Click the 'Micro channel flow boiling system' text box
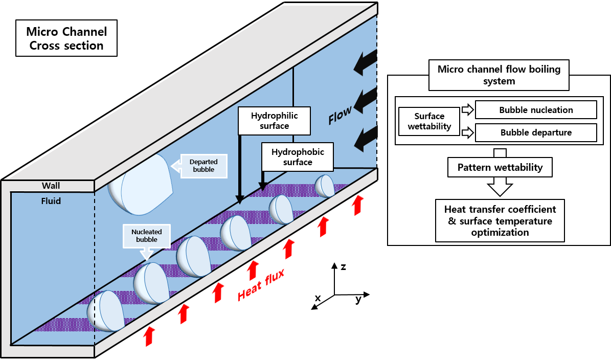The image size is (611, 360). click(x=499, y=75)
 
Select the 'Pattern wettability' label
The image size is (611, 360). click(x=500, y=167)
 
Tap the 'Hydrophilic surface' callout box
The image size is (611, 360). click(x=275, y=121)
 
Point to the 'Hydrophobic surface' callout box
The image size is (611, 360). click(x=298, y=157)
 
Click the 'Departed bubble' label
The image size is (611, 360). click(x=203, y=166)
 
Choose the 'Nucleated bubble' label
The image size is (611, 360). click(x=146, y=236)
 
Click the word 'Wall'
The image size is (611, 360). click(x=51, y=186)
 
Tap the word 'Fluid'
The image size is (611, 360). click(x=51, y=201)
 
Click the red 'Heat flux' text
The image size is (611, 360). click(x=261, y=285)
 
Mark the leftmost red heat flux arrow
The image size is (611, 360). click(x=149, y=336)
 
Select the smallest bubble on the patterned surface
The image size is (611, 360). click(x=324, y=186)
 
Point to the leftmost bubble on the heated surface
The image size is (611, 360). click(x=106, y=310)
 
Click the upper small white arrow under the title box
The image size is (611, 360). click(x=467, y=109)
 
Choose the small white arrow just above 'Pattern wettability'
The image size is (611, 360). click(x=467, y=133)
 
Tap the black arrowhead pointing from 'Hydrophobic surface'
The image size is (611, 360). click(x=263, y=188)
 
